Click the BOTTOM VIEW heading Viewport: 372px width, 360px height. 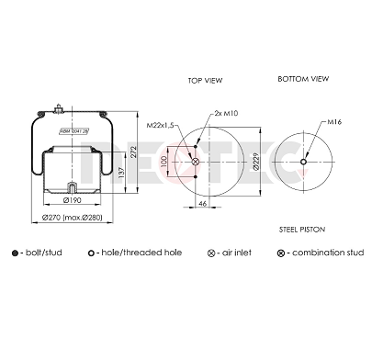pos(303,80)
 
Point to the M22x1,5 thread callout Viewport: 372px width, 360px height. pos(161,124)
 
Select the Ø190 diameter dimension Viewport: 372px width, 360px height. pos(72,199)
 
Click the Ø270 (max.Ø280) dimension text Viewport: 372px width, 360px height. pos(72,217)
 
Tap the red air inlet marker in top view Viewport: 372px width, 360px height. pos(195,161)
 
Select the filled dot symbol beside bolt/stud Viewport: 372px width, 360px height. pos(14,252)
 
